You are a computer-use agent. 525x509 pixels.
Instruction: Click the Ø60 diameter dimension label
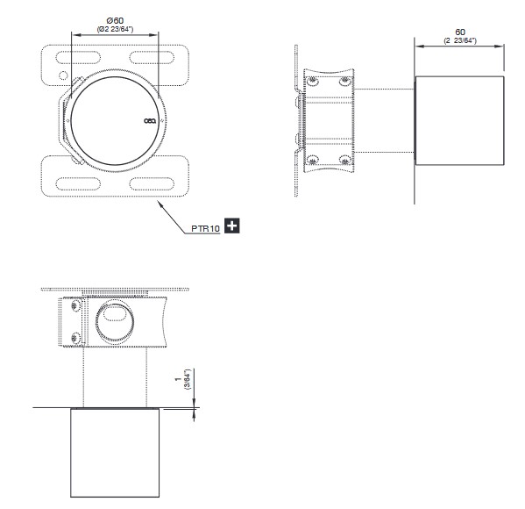115,21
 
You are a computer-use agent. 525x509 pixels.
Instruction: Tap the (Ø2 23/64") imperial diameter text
115,29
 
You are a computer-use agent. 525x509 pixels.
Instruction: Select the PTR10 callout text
205,228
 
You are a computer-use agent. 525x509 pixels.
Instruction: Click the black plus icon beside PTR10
231,226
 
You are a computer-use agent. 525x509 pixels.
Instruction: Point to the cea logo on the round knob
150,121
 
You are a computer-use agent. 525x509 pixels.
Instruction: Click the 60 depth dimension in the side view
460,32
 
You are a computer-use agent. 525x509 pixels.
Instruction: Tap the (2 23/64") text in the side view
460,40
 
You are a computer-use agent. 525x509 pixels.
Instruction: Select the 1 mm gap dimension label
178,379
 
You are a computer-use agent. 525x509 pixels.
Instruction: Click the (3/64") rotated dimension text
188,379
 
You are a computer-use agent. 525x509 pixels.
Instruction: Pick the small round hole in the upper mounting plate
63,75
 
